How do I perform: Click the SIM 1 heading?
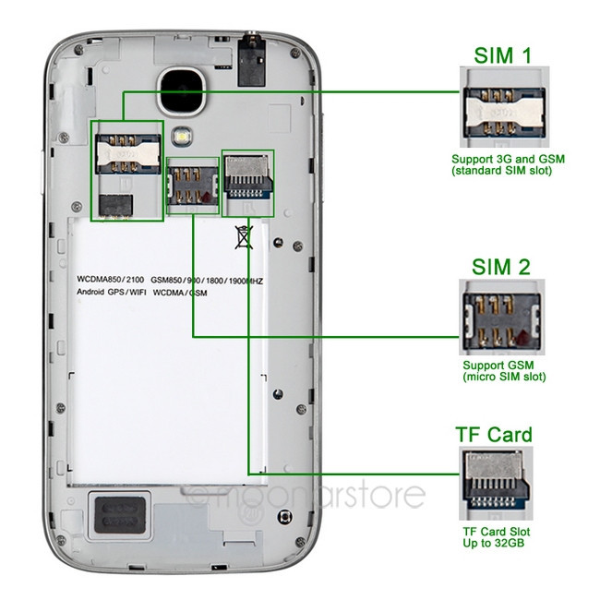tap(503, 55)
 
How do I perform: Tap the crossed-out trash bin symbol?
tap(244, 236)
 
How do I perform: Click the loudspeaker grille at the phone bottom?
tap(117, 516)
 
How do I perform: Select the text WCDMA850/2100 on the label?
tap(110, 278)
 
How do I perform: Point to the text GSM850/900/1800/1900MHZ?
tap(208, 278)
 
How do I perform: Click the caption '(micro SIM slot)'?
tap(504, 378)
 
